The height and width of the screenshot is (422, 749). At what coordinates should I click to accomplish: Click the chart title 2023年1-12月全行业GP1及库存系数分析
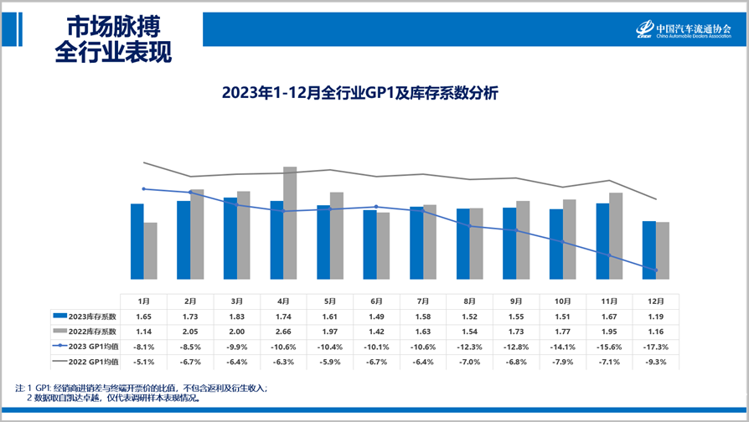click(x=359, y=93)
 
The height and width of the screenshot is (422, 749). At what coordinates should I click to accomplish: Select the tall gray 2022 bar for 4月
click(x=290, y=223)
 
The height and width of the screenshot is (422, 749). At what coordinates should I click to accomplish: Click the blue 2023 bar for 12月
click(x=648, y=250)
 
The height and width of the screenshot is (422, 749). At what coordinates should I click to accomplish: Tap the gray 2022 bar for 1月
click(x=151, y=250)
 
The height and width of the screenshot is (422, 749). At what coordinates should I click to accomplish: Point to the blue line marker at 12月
click(x=656, y=270)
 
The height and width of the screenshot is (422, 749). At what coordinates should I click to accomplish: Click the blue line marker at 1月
click(x=144, y=189)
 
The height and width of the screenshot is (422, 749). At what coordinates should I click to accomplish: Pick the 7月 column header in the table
click(x=422, y=301)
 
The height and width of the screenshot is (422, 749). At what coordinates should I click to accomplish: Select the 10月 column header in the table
click(x=562, y=301)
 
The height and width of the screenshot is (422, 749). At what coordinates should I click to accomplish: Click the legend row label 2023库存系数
click(x=91, y=316)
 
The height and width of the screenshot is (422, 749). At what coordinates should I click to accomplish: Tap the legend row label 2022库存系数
click(x=91, y=332)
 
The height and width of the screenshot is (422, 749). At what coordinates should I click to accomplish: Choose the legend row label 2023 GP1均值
click(x=91, y=347)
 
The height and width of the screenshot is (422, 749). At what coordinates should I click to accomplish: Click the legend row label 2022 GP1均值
click(x=91, y=362)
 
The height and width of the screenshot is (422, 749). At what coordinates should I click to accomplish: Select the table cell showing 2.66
click(x=283, y=332)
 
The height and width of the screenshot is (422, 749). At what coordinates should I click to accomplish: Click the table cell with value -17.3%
click(x=655, y=347)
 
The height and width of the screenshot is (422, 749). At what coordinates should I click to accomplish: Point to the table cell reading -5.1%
click(x=144, y=362)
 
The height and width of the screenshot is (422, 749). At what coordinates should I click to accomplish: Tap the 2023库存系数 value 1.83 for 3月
click(x=237, y=316)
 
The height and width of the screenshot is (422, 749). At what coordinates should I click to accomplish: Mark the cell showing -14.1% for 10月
click(x=562, y=347)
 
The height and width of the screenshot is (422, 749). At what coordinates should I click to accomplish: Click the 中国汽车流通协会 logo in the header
click(x=683, y=30)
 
